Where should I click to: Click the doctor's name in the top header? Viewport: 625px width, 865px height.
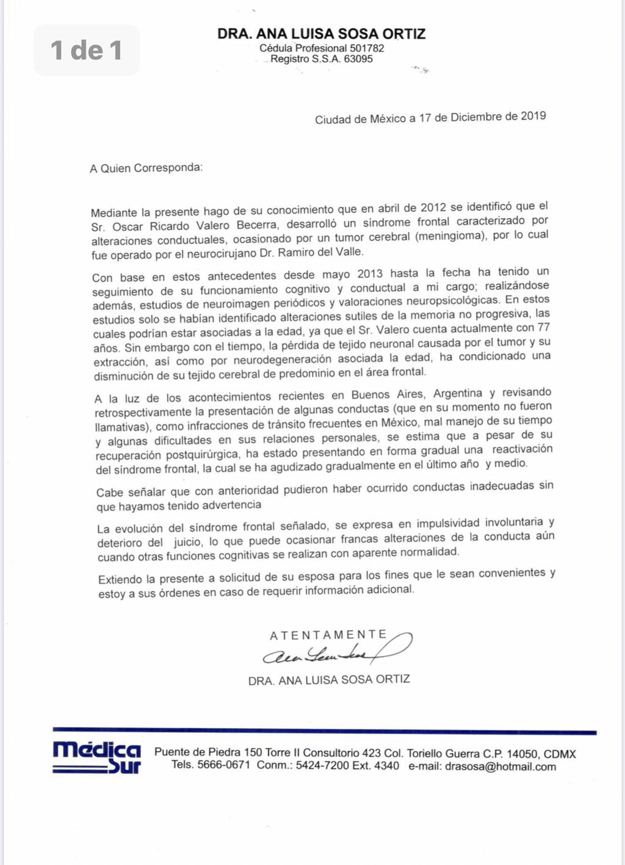click(322, 34)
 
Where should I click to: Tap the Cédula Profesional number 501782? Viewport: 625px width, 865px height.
click(367, 48)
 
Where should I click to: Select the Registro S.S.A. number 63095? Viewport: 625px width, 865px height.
click(358, 59)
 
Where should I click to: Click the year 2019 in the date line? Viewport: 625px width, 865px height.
click(533, 116)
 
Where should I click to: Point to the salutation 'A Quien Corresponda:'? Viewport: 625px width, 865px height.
click(146, 168)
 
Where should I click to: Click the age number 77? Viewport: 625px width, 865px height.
click(544, 328)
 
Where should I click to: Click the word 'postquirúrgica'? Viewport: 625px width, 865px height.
click(202, 454)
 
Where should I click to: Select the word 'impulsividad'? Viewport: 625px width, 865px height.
click(449, 523)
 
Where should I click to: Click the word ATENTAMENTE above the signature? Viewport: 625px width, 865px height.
click(328, 635)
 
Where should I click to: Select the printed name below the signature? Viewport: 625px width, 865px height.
click(329, 679)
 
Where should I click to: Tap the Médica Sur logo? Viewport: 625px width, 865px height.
click(97, 757)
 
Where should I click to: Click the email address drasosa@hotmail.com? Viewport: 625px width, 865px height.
click(500, 767)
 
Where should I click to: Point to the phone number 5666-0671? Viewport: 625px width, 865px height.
click(223, 765)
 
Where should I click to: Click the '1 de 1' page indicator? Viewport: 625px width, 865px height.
click(86, 50)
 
